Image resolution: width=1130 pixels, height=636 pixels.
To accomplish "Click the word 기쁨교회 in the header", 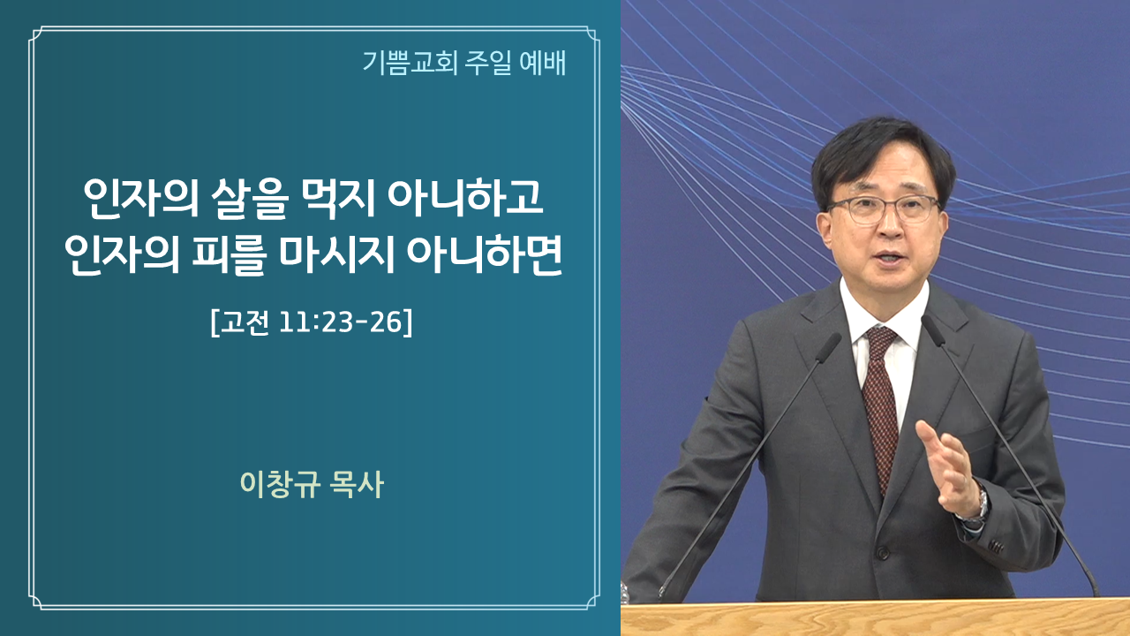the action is click(x=411, y=63).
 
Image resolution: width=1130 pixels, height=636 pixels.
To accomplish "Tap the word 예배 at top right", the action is click(x=542, y=63).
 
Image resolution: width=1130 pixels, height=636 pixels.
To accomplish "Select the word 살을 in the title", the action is click(x=250, y=198).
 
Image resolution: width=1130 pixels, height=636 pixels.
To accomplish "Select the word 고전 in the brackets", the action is click(x=245, y=322).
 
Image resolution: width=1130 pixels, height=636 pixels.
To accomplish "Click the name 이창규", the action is click(x=280, y=485).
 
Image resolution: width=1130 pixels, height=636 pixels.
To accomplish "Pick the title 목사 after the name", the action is click(x=357, y=485).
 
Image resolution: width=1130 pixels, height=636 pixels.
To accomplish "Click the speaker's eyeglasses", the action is click(x=882, y=208).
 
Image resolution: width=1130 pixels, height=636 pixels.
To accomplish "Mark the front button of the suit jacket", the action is click(x=882, y=553).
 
